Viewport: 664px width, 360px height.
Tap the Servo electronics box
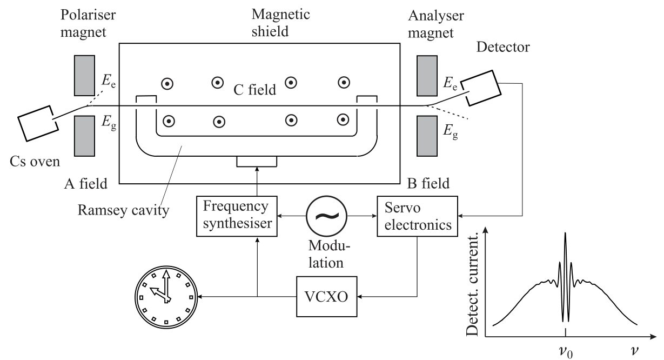pos(417,216)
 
